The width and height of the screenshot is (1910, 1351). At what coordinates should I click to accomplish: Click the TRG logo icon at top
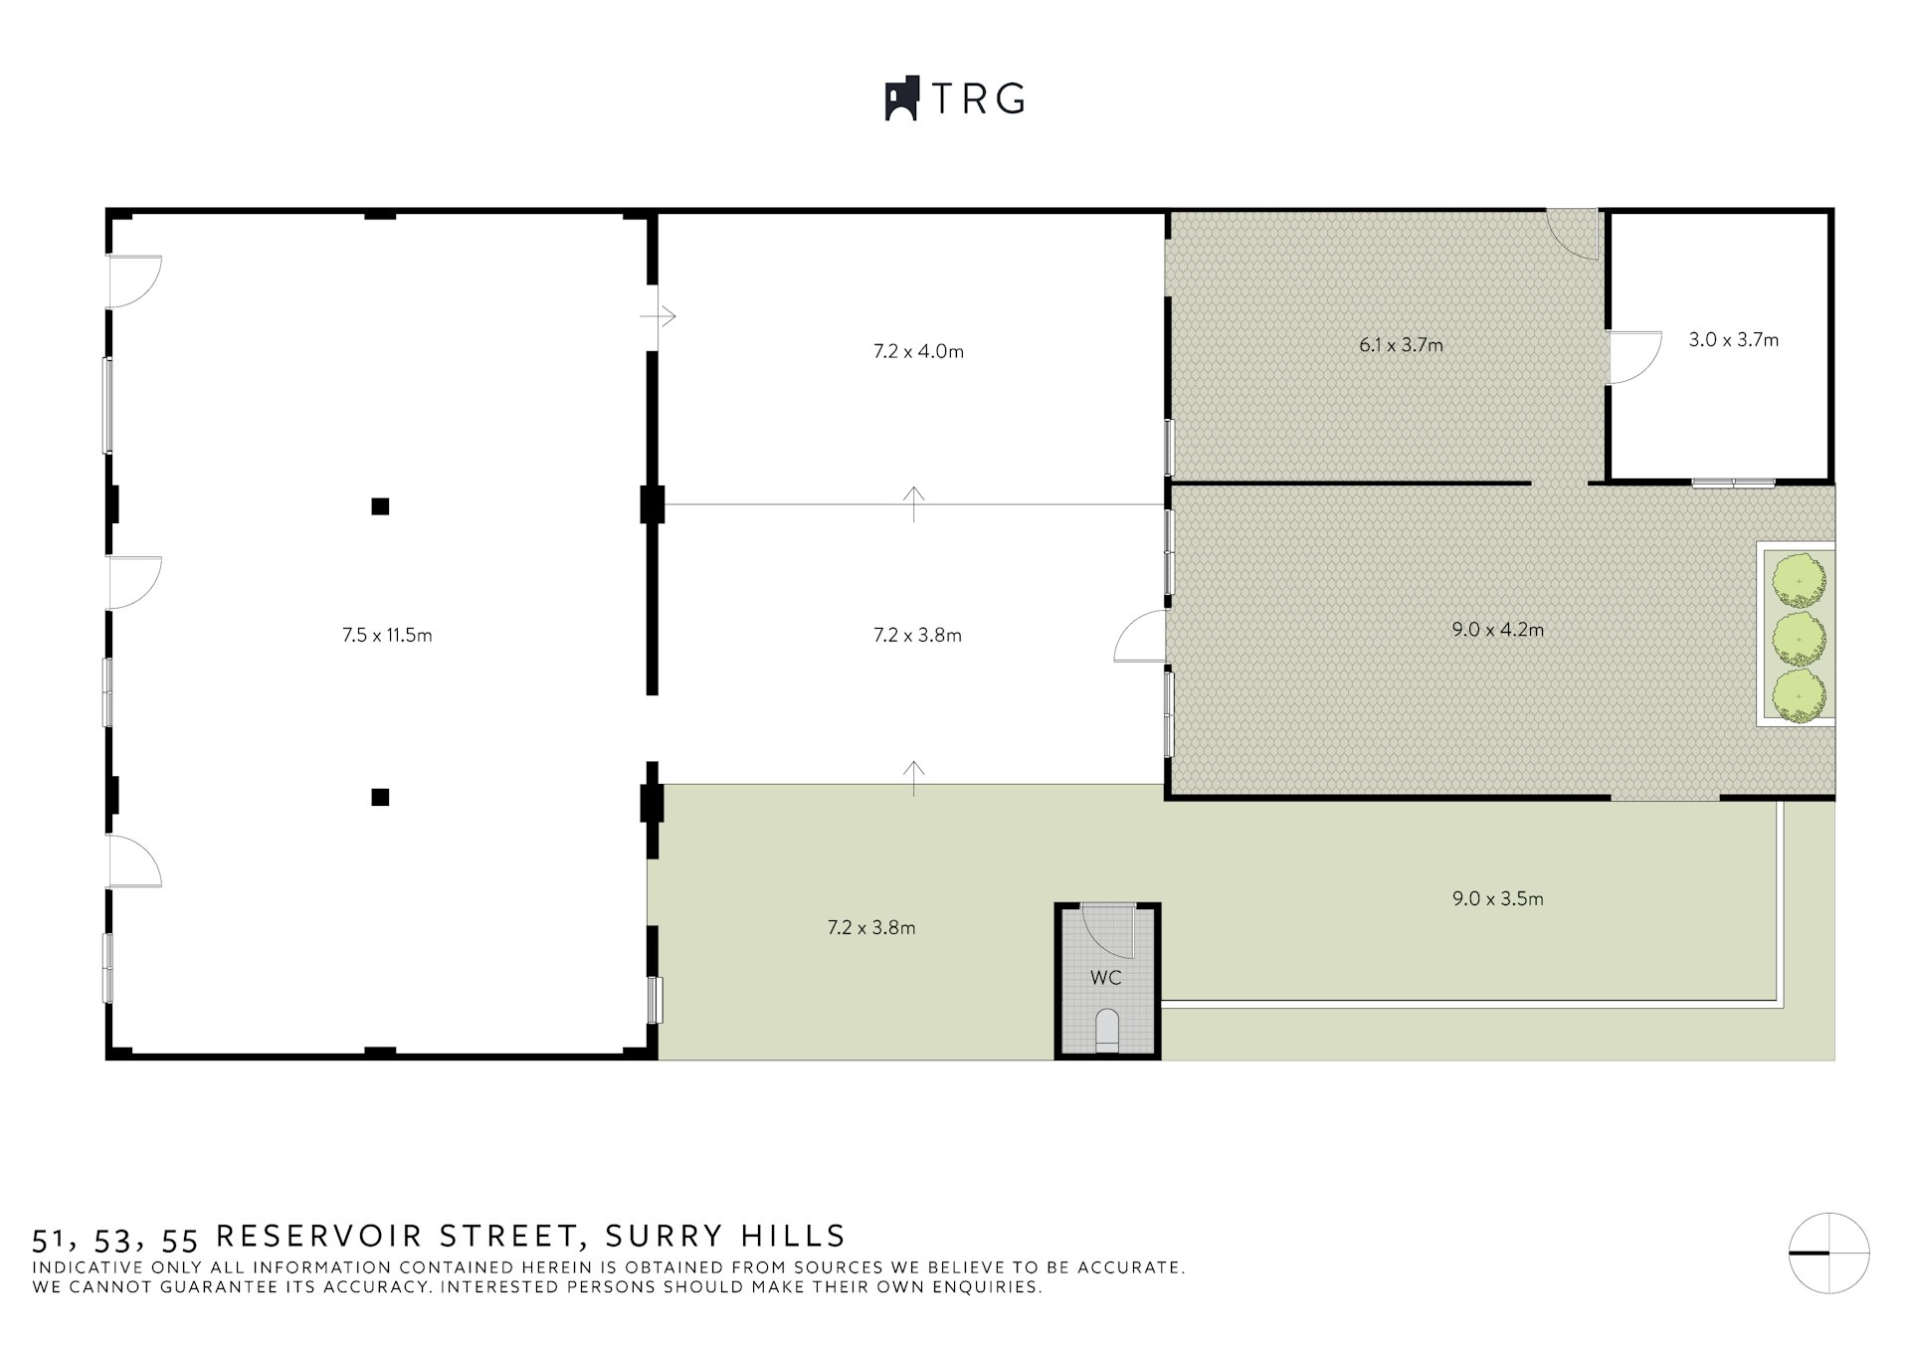pos(901,98)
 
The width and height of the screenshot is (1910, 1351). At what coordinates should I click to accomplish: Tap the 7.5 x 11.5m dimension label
pos(387,635)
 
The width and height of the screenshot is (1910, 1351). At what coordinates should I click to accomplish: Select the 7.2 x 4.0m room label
pos(918,351)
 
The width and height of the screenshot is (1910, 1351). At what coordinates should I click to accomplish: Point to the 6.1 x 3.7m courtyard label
pos(1401,345)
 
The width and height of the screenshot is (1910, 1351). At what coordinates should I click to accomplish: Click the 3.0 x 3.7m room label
pos(1733,339)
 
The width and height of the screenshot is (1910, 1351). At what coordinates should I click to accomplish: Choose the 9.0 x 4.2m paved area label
pos(1497,629)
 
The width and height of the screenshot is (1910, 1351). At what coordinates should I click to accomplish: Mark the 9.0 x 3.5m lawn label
pos(1497,898)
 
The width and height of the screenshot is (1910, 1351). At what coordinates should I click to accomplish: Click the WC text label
pos(1105,977)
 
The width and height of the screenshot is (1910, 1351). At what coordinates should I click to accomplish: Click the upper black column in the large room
pos(380,506)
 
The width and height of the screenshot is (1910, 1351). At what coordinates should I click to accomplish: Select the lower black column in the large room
pos(380,797)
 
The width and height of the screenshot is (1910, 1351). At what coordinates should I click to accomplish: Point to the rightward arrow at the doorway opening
pos(659,316)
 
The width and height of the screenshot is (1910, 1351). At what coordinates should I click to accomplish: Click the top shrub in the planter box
pos(1799,581)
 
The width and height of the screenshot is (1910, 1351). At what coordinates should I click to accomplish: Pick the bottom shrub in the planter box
pos(1799,695)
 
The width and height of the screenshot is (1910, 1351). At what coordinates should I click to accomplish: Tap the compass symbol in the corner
pos(1828,1254)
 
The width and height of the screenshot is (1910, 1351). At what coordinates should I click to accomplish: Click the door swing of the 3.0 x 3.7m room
pos(1633,357)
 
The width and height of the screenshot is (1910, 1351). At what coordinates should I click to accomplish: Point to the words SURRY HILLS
pos(725,1236)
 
